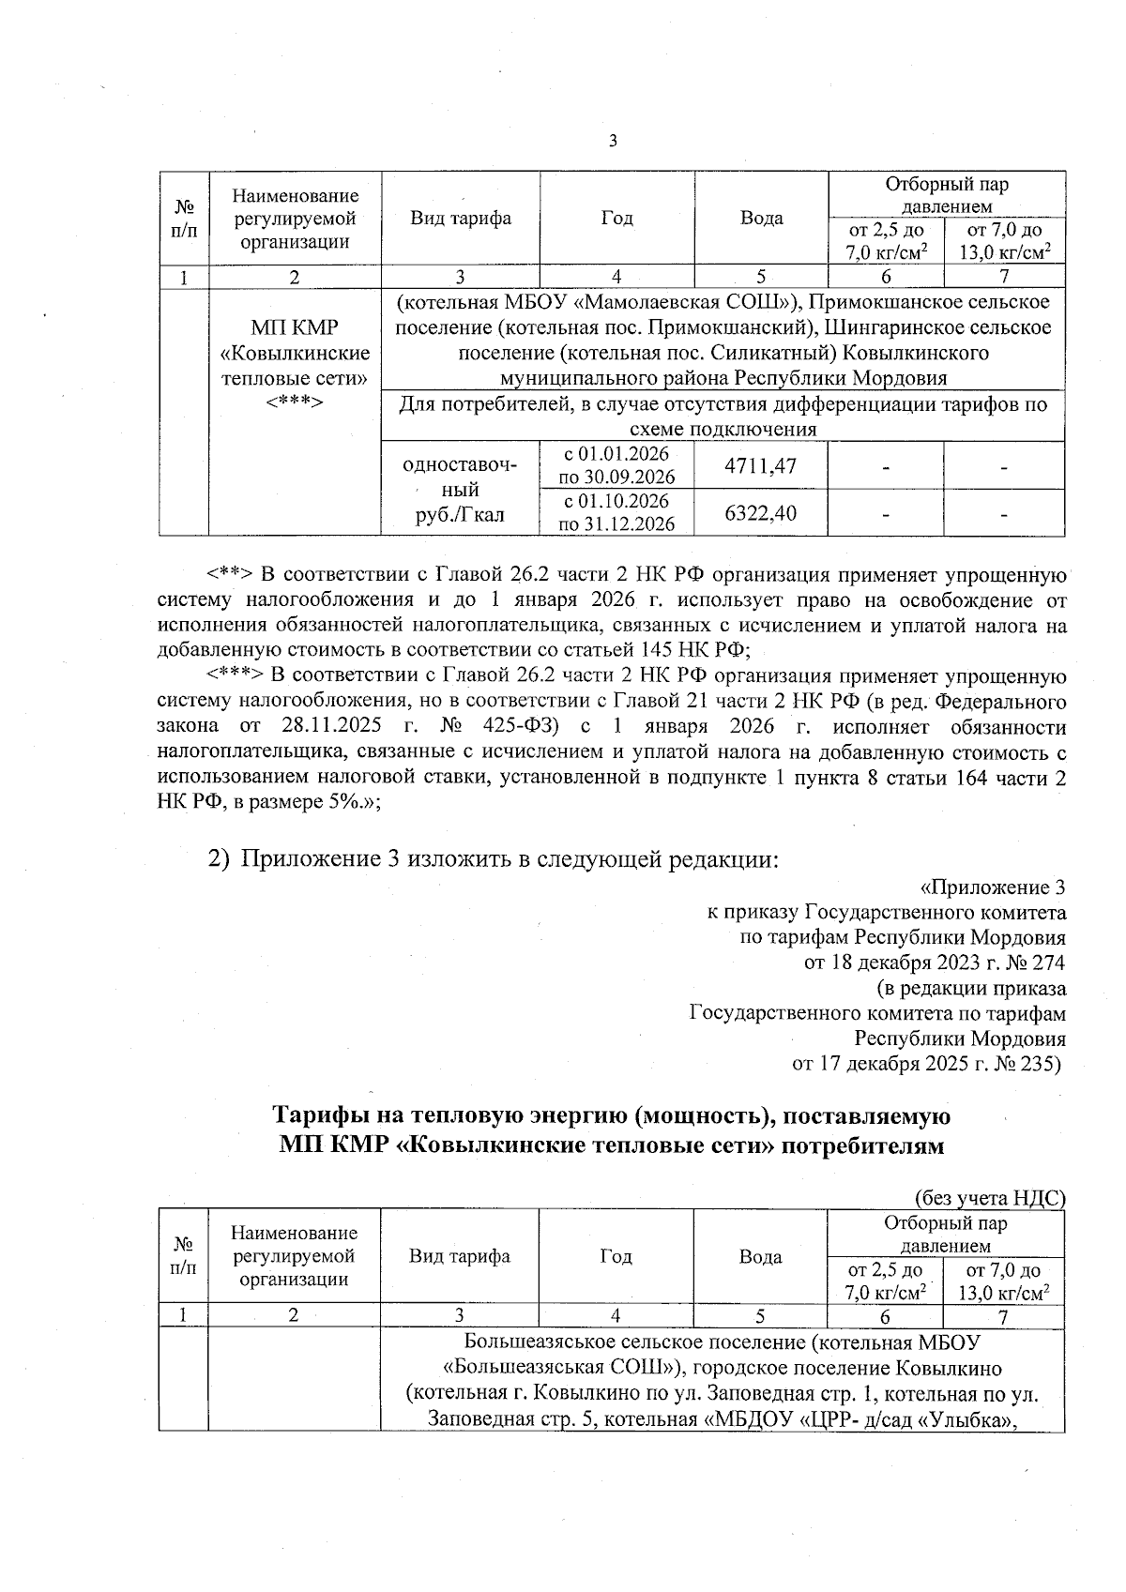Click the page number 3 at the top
point(613,142)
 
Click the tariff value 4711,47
point(761,465)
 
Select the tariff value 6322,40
point(761,513)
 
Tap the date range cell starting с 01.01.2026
point(616,465)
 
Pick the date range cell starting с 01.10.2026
point(616,512)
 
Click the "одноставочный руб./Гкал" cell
point(460,490)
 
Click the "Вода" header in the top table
point(761,219)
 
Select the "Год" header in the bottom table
point(616,1256)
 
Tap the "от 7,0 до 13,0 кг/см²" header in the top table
point(1004,241)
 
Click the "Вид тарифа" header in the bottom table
point(460,1256)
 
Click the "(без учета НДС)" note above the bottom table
point(989,1198)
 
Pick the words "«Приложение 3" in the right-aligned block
point(992,887)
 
